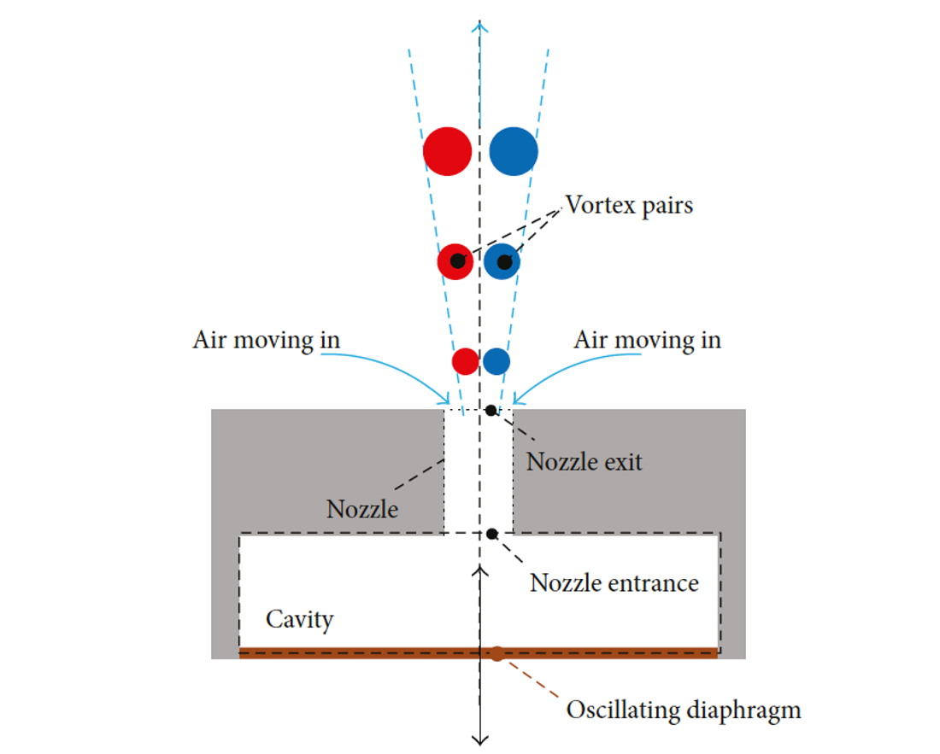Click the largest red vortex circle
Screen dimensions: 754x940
(447, 151)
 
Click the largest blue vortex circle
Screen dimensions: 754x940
(514, 151)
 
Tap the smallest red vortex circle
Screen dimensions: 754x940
(466, 361)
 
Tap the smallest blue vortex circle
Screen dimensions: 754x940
(496, 361)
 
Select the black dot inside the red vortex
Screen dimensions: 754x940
(458, 261)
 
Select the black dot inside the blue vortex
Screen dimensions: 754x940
(504, 261)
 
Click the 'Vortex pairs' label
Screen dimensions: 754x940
(629, 206)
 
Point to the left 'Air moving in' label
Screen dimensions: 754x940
(266, 340)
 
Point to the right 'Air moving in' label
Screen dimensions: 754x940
(647, 340)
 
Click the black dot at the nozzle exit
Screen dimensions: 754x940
(491, 411)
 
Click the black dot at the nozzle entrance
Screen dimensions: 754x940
(492, 534)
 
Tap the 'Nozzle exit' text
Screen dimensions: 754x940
(584, 462)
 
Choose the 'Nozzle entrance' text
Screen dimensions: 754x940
(614, 583)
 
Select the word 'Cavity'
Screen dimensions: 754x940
(299, 619)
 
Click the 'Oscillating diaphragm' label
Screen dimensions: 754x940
(684, 710)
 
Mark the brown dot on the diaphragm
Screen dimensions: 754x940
(497, 654)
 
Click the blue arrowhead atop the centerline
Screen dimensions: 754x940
(481, 26)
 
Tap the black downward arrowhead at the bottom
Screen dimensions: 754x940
(481, 739)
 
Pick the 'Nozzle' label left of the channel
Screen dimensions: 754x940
(362, 510)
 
